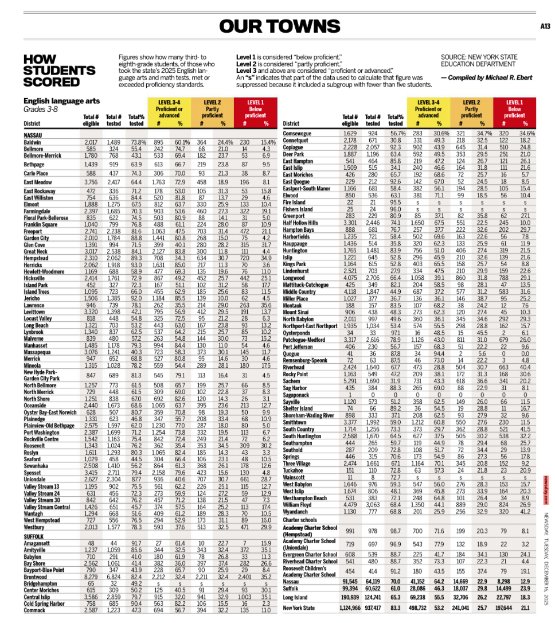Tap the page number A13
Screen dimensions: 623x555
[x=545, y=26]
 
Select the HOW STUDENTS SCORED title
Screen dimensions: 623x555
[x=59, y=70]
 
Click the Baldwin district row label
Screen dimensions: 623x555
[x=32, y=142]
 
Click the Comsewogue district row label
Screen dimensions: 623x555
[x=297, y=134]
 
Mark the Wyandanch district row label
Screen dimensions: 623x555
[x=296, y=512]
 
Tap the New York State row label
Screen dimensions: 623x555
[x=299, y=608]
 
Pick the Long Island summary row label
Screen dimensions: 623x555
[x=295, y=597]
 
